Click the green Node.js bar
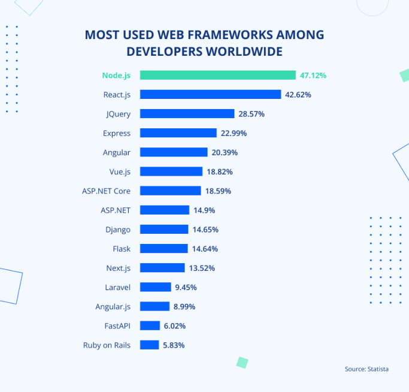click(x=217, y=76)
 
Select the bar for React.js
click(x=210, y=95)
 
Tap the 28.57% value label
click(x=252, y=114)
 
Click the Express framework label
click(x=116, y=133)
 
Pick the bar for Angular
click(x=174, y=152)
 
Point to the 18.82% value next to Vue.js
click(x=220, y=171)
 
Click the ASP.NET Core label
click(x=106, y=191)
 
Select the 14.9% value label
click(x=204, y=210)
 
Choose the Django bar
click(x=165, y=230)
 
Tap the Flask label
click(x=121, y=249)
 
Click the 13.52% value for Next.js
click(x=202, y=268)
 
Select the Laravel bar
click(x=156, y=287)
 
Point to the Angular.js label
click(x=113, y=306)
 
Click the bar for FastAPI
click(x=150, y=325)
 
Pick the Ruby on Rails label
click(x=107, y=345)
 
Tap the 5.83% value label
click(x=174, y=345)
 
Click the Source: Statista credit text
click(x=366, y=369)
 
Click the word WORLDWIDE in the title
click(x=244, y=52)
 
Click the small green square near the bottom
click(x=242, y=362)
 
